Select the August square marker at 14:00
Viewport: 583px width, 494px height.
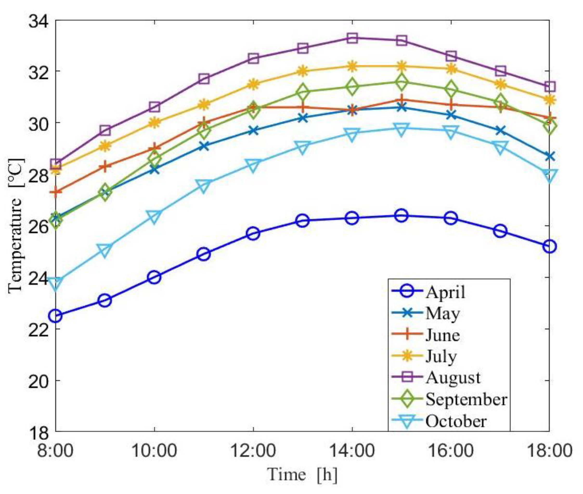[x=352, y=38]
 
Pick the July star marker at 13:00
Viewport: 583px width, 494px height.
[x=303, y=71]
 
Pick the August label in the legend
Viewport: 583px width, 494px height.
[x=453, y=378]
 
